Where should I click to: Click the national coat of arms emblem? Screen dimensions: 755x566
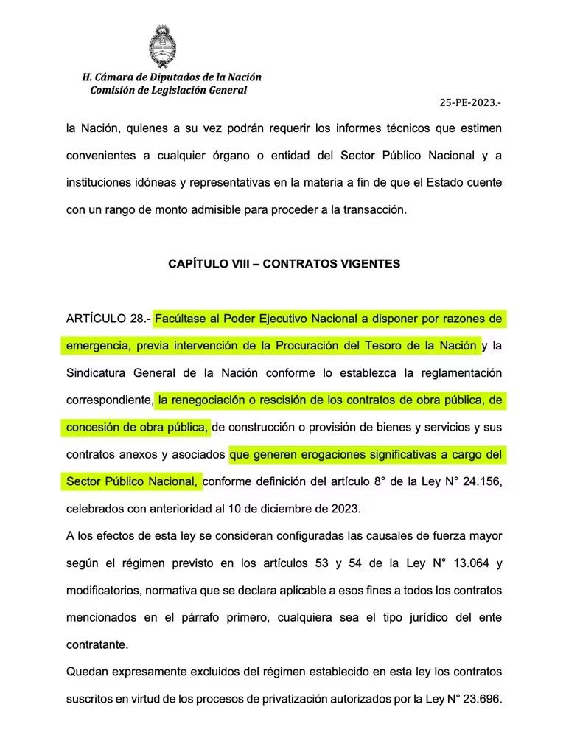pos(161,45)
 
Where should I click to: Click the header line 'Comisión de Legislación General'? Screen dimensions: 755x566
pos(169,90)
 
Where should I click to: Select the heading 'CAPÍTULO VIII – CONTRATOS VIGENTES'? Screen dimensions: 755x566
pos(284,264)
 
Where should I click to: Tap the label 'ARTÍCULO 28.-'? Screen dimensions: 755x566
pos(108,319)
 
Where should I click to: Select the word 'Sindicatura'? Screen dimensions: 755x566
pos(97,373)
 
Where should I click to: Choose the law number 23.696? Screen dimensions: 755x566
pos(480,700)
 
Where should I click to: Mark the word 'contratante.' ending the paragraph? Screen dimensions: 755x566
pos(97,644)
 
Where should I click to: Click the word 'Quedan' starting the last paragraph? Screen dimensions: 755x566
pos(86,672)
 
